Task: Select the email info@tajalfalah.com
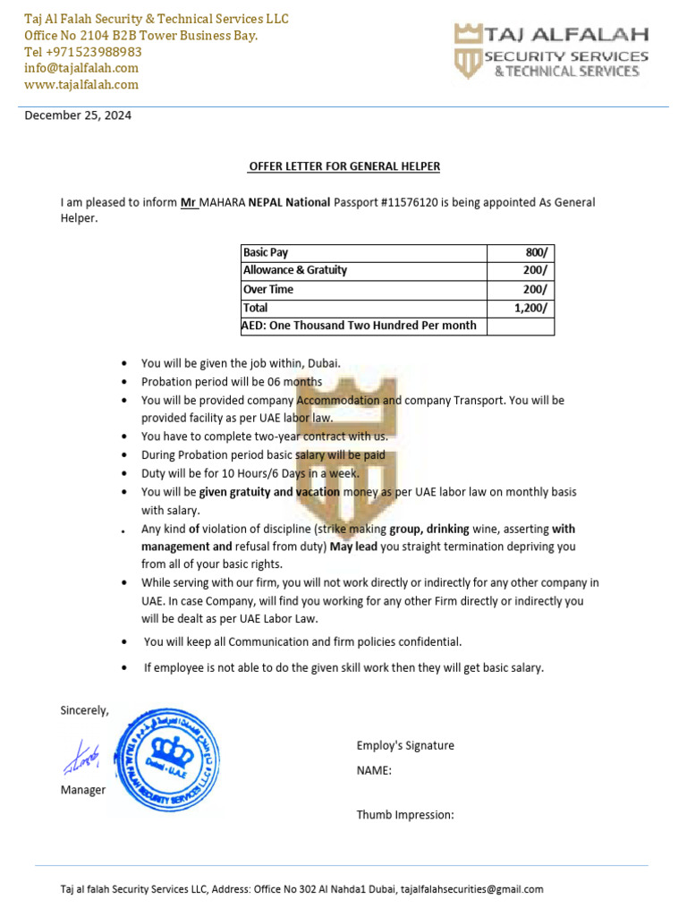click(x=81, y=68)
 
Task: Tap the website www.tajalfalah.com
click(x=81, y=84)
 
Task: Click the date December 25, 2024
click(x=77, y=115)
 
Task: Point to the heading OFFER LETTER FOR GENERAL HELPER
click(x=343, y=166)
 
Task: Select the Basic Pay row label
click(x=266, y=252)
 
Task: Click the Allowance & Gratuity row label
click(x=295, y=270)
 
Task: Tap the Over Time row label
click(x=268, y=289)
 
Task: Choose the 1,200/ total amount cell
click(x=531, y=308)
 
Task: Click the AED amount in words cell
click(x=360, y=326)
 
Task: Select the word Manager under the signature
click(x=83, y=790)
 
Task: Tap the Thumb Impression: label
click(x=405, y=815)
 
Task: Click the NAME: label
click(x=374, y=770)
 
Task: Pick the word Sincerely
click(x=85, y=710)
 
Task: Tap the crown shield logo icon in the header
click(x=468, y=52)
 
